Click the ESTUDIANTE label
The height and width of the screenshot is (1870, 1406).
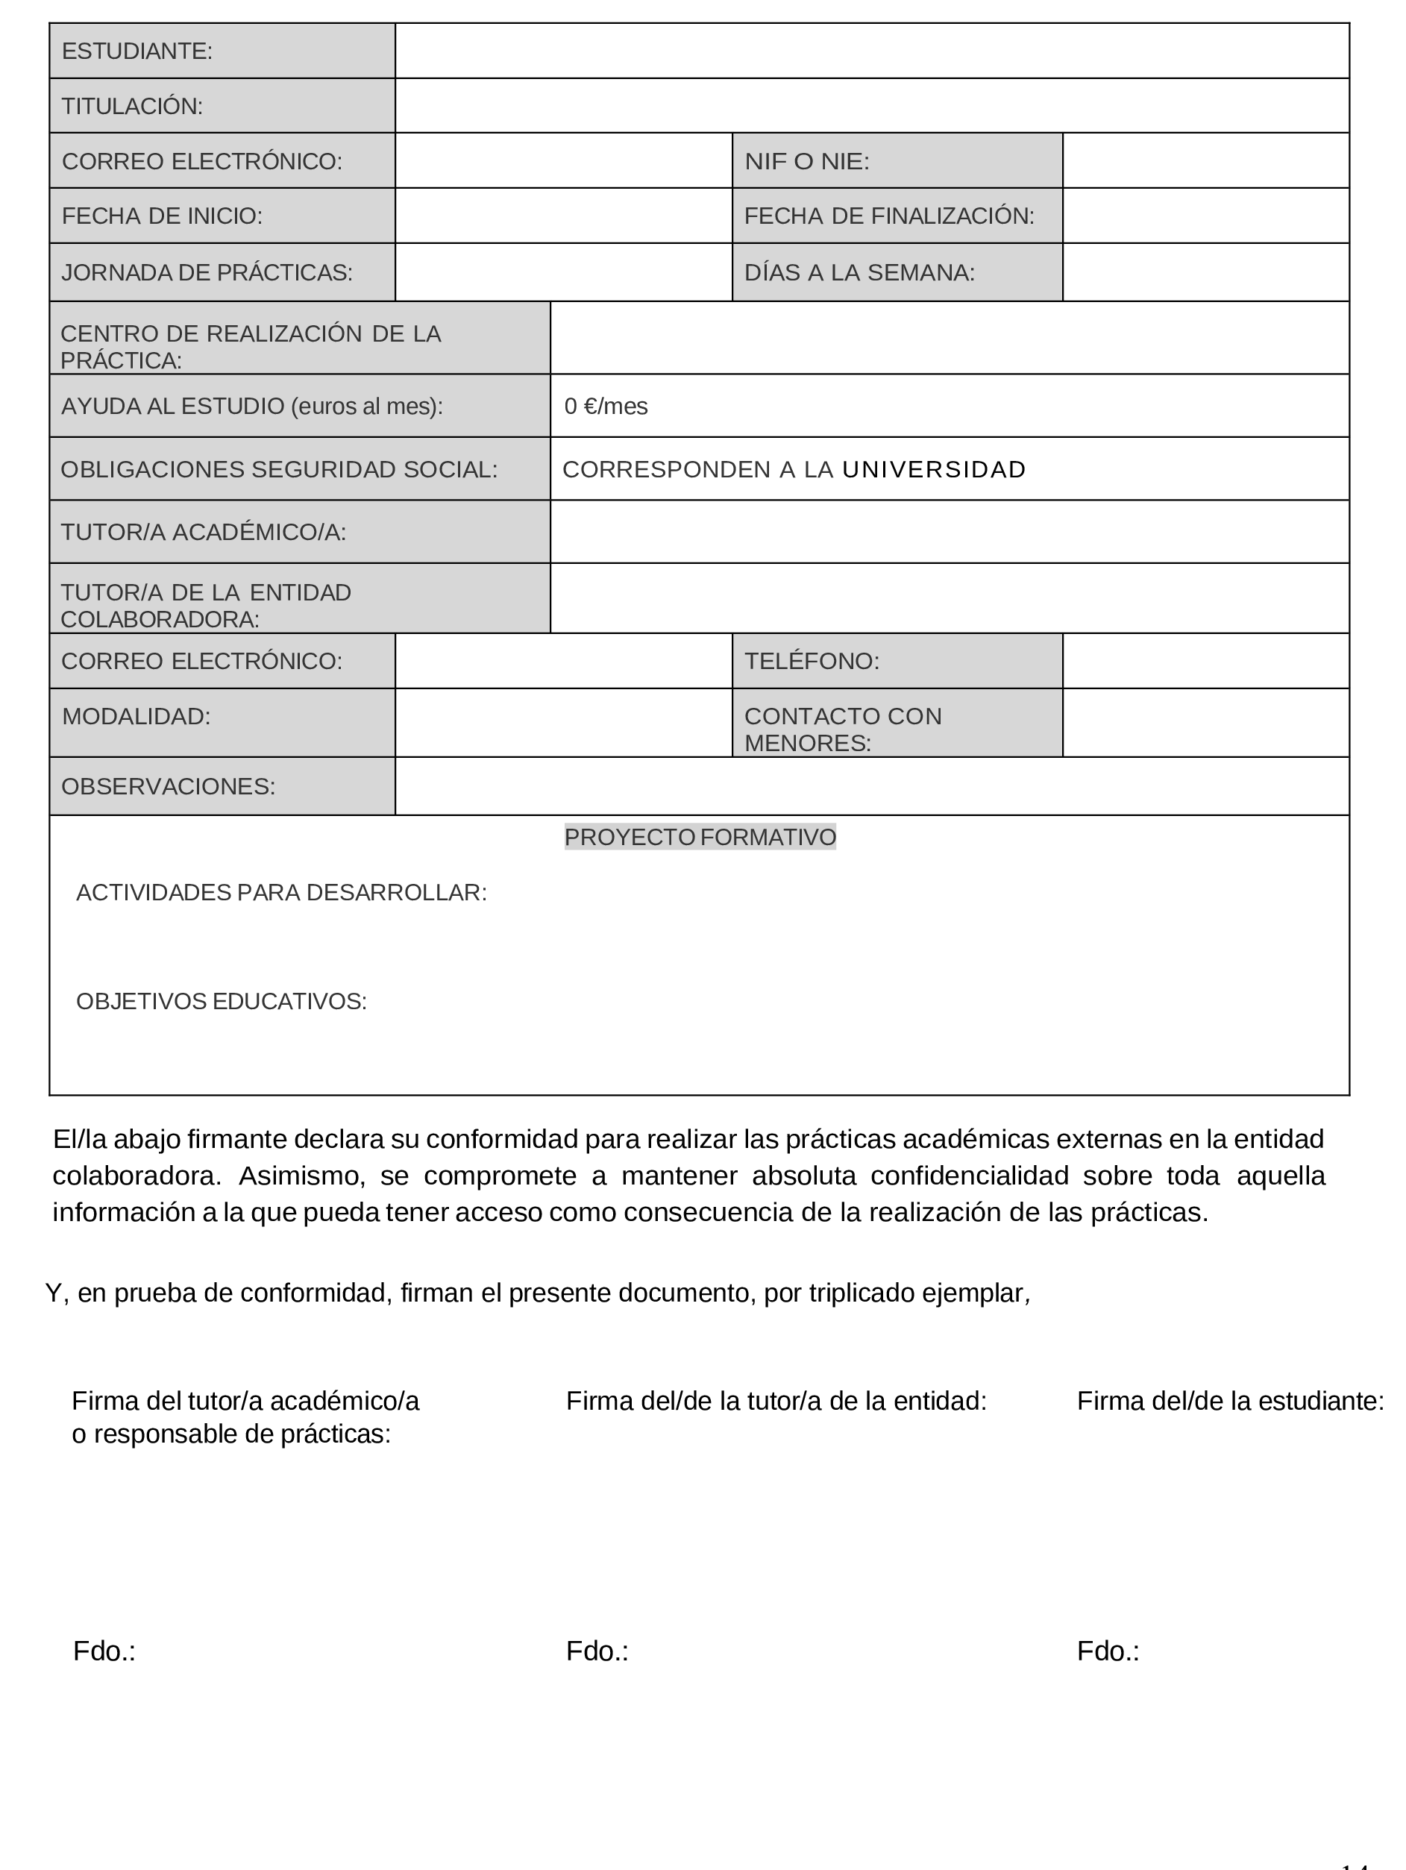coord(137,51)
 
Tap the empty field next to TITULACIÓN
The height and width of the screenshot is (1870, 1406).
coord(870,106)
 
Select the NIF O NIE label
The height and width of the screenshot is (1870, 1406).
coord(806,161)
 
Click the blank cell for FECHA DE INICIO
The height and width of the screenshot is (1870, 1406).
coord(563,216)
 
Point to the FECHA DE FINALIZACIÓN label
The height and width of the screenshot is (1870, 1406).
coord(888,216)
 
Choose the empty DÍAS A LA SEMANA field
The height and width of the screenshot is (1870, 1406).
coord(1205,272)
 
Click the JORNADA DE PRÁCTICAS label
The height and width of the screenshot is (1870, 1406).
coord(207,272)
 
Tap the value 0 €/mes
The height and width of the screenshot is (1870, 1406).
coord(606,407)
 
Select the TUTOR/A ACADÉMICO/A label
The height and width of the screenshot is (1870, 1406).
coord(204,533)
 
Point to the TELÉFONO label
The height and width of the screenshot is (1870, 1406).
coord(812,661)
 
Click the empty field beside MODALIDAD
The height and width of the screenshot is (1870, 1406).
coord(563,723)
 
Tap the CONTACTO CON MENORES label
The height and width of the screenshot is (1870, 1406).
coord(842,729)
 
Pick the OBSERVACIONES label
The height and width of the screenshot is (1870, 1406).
coord(169,786)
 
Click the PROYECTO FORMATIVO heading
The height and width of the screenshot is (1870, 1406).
coord(700,837)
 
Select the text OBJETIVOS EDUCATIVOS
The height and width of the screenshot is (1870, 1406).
coord(222,1002)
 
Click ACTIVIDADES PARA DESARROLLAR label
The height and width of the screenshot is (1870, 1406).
coord(281,893)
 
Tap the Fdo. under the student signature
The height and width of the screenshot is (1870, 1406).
coord(1108,1651)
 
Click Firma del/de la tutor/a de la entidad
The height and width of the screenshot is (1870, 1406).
coord(776,1401)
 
